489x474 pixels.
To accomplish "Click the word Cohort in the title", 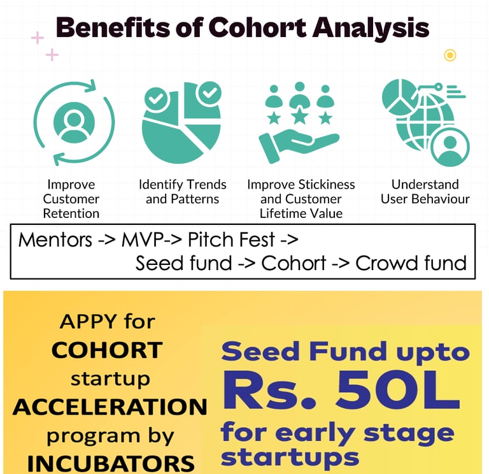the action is click(257, 27).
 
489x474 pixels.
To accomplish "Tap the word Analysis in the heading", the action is click(371, 29).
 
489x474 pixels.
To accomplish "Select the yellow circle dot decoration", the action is click(450, 55).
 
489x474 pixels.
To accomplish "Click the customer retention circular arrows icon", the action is click(74, 122).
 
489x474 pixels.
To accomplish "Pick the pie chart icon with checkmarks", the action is click(181, 122).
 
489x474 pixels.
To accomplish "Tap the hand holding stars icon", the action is click(299, 122).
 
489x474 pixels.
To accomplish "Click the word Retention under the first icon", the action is click(71, 214).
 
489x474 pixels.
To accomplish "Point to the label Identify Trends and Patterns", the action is click(183, 192).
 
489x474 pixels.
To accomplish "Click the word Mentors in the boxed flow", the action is click(55, 240).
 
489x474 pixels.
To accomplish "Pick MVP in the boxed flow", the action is click(143, 240).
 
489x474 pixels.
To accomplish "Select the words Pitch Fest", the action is click(231, 240).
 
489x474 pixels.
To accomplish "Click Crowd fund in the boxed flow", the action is click(411, 263).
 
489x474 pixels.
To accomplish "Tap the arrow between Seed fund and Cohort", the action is click(246, 264).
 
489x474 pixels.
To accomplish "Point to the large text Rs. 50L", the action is click(341, 390).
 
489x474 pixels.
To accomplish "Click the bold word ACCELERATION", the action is click(110, 407).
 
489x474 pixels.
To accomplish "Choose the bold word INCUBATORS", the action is click(111, 463).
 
